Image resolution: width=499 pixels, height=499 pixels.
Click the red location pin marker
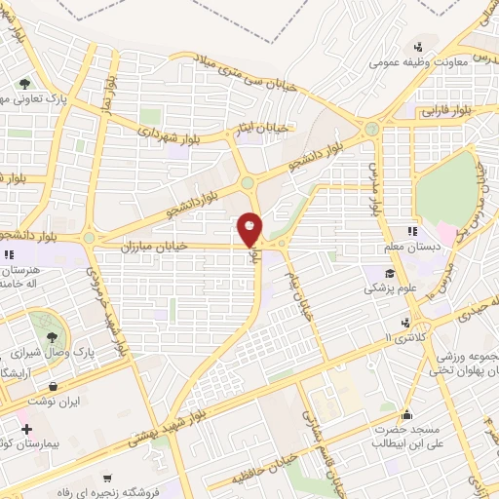(250, 229)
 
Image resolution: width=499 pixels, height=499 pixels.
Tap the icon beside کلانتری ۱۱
(404, 323)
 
